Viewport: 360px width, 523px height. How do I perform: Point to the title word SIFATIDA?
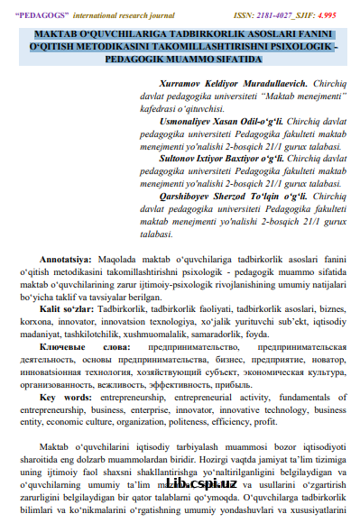(230, 58)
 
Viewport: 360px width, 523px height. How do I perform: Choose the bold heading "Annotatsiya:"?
(65, 269)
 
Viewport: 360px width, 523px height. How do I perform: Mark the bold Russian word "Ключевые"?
(62, 346)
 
